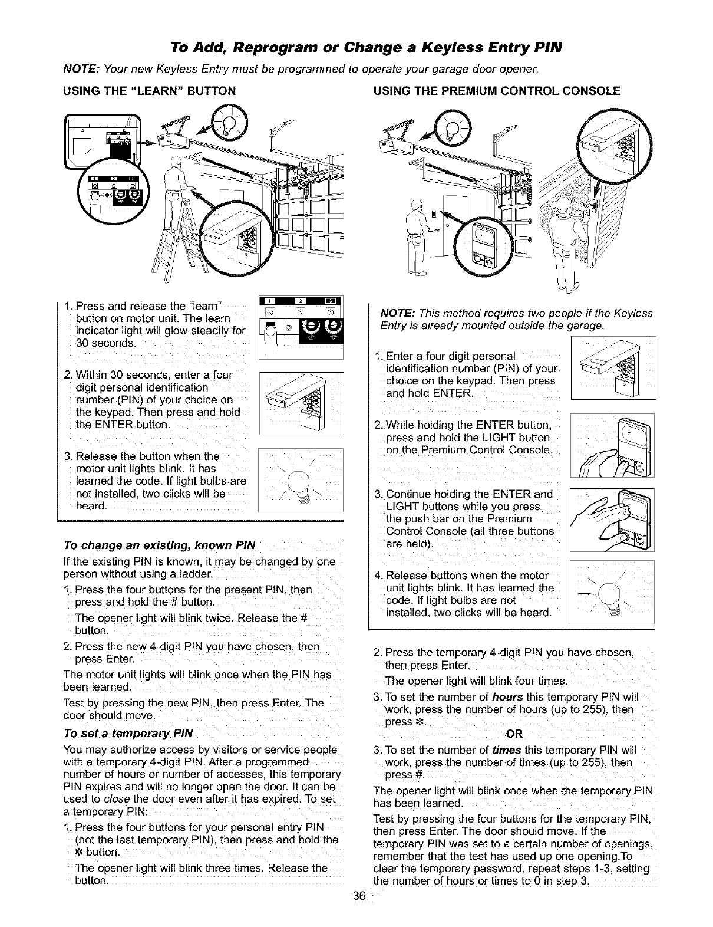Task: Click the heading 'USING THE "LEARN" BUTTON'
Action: (149, 91)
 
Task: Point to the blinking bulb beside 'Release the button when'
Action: (301, 482)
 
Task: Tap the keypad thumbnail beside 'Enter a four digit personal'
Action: (613, 367)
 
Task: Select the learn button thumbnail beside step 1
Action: (301, 326)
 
